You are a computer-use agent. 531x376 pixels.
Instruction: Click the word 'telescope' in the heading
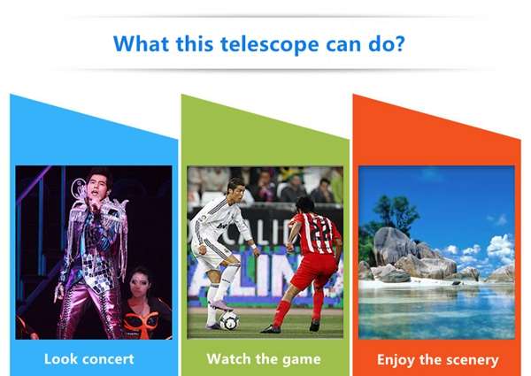(270, 44)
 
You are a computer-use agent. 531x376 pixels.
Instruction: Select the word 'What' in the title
(141, 43)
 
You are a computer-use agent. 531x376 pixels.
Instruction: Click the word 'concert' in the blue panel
(108, 359)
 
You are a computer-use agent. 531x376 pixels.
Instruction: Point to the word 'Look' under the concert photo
(60, 358)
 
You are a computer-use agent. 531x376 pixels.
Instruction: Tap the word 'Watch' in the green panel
(228, 358)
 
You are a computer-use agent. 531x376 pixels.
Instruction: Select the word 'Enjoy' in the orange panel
(396, 360)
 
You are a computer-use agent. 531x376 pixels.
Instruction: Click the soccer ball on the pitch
(229, 321)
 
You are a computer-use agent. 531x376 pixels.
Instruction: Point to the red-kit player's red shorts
(314, 272)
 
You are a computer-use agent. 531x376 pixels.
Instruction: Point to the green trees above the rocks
(396, 211)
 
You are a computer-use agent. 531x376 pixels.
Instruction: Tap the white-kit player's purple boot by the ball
(222, 306)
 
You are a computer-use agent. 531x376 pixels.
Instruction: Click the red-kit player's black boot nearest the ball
(270, 328)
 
